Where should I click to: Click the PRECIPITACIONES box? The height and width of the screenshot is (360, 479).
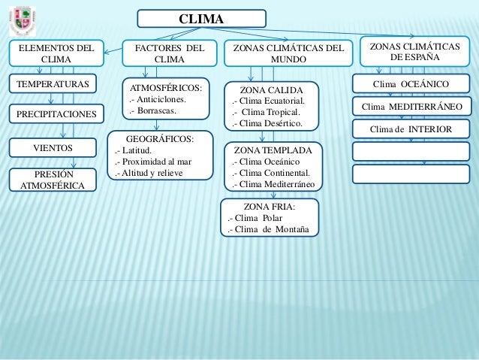click(53, 114)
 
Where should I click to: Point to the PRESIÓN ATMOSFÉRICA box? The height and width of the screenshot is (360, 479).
click(53, 180)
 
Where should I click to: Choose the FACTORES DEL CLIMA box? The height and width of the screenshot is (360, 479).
click(169, 53)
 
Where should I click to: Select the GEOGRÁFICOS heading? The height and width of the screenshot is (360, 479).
click(159, 138)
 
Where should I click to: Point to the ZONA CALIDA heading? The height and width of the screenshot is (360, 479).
click(273, 89)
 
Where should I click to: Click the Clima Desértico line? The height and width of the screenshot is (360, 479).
click(268, 124)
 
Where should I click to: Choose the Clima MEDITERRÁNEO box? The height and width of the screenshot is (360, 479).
click(411, 107)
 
